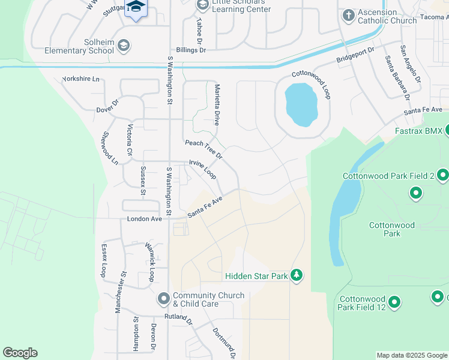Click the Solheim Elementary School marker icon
[124, 45]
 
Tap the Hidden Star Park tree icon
[296, 275]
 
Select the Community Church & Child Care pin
[163, 298]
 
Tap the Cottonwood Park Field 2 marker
[442, 175]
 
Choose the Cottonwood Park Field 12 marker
[394, 302]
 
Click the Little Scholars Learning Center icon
[202, 5]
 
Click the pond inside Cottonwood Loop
[301, 104]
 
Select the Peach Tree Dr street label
[203, 149]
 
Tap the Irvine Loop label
[202, 169]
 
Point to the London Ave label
[145, 220]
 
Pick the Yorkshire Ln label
[80, 79]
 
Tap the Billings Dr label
[191, 50]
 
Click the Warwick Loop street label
[151, 262]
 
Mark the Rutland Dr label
[178, 318]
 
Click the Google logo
[20, 353]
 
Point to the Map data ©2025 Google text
[412, 355]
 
